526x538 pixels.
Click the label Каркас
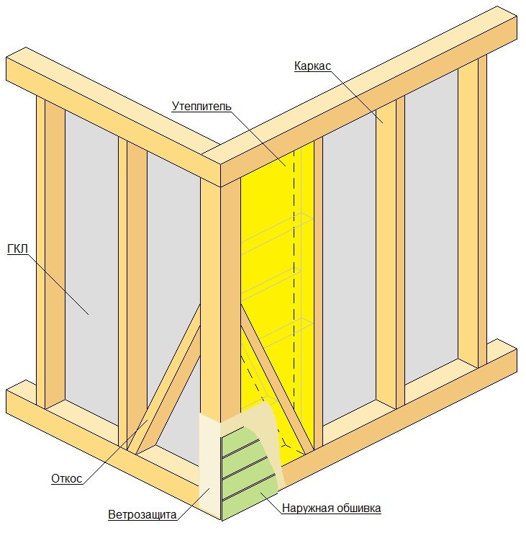(x=312, y=66)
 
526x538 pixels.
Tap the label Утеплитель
(x=201, y=107)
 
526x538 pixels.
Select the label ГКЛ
(x=17, y=248)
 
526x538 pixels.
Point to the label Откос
(x=66, y=478)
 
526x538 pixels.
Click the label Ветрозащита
(x=142, y=514)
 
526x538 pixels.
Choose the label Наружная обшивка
(x=331, y=508)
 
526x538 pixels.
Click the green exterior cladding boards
(x=248, y=473)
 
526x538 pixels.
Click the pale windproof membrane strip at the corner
(x=209, y=463)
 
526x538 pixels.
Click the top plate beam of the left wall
(x=113, y=117)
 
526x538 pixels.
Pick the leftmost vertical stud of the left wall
(x=50, y=252)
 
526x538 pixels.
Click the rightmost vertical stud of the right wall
(x=473, y=212)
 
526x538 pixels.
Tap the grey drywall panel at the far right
(x=431, y=226)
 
